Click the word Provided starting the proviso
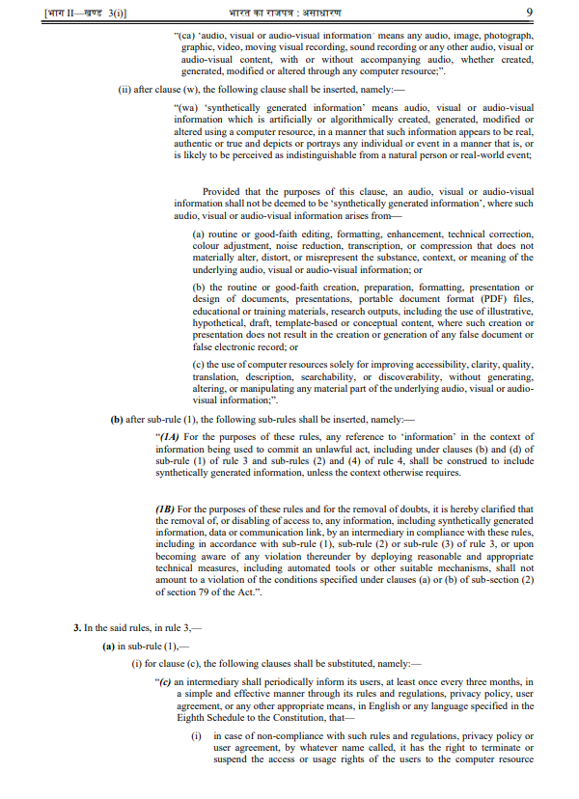click(222, 191)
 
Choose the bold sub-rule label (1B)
click(170, 509)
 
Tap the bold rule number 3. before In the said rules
click(78, 627)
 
